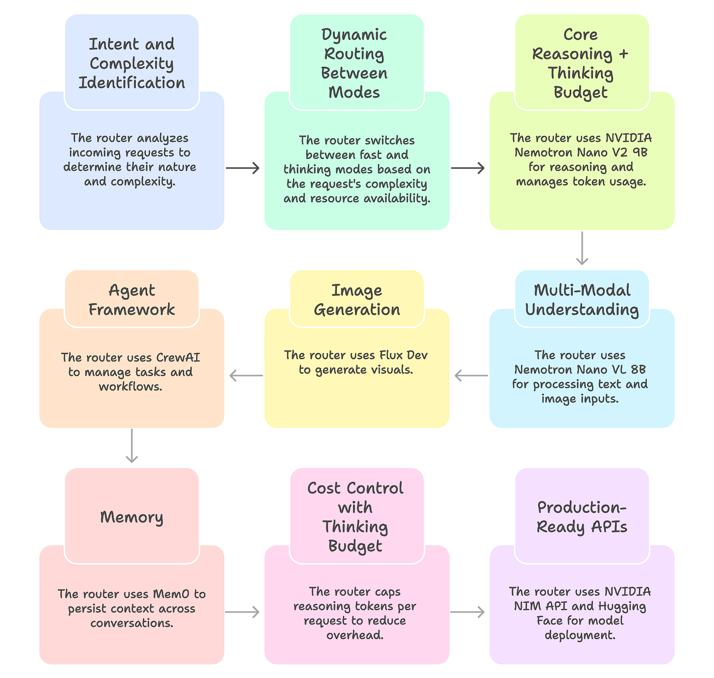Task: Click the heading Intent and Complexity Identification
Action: (131, 63)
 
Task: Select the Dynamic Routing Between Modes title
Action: (354, 63)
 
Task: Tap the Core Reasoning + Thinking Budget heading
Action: (581, 63)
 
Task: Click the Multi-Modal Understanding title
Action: (582, 300)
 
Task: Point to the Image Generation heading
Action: (357, 300)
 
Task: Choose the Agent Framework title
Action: (131, 300)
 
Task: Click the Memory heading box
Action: (131, 517)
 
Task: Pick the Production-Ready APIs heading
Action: (582, 517)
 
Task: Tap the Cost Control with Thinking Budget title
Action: (355, 517)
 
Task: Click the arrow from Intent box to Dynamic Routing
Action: (243, 168)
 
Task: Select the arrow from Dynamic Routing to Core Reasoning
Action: (468, 168)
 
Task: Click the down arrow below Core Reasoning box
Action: (582, 249)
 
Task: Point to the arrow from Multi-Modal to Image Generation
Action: (470, 376)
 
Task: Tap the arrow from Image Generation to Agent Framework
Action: (245, 376)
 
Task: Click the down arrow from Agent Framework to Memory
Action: (131, 447)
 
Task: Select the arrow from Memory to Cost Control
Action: (243, 612)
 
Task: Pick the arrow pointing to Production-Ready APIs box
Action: (468, 612)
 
